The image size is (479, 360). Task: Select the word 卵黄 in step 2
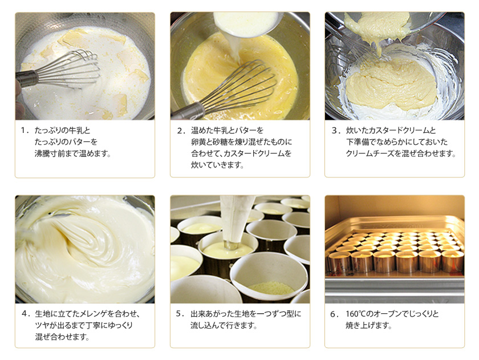[198, 142]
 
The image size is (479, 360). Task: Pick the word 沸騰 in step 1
[42, 153]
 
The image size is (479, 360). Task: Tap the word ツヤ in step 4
[42, 325]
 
